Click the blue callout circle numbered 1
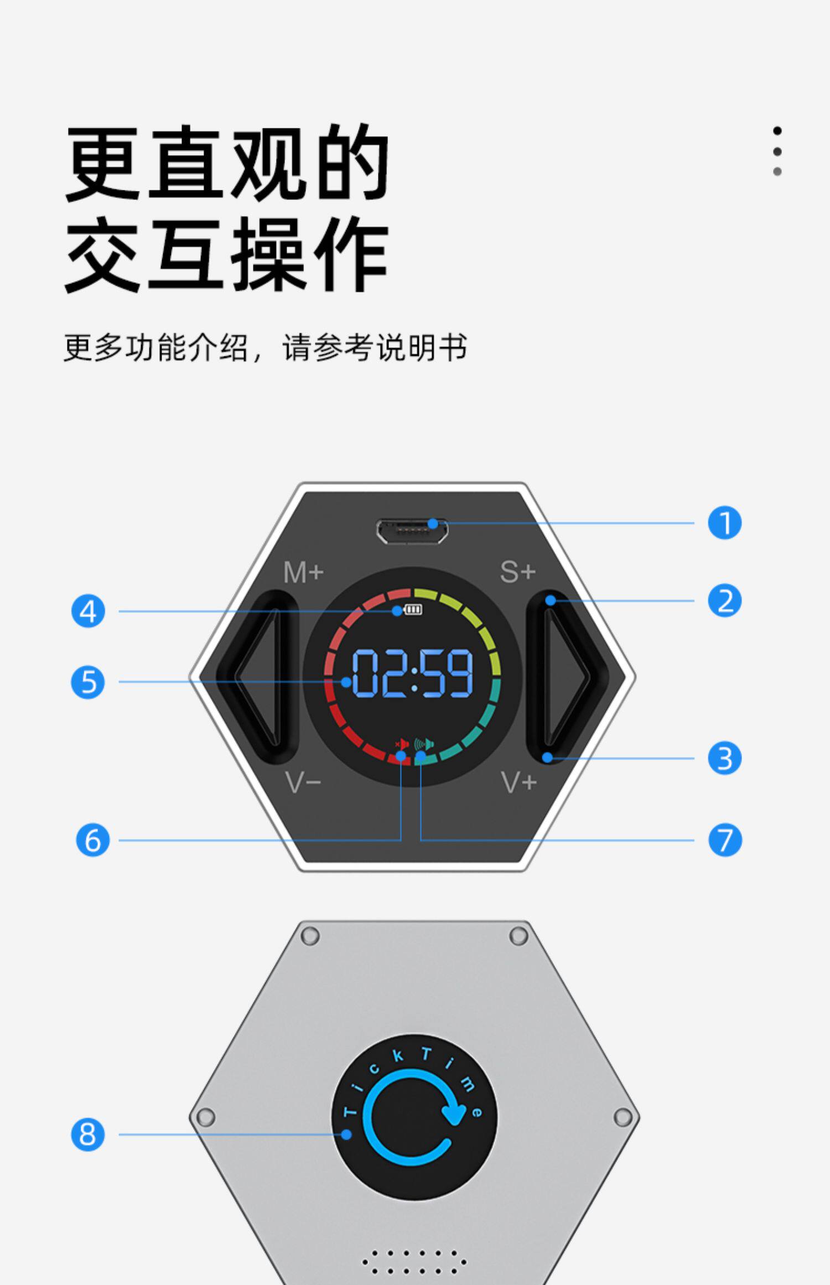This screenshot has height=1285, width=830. point(724,523)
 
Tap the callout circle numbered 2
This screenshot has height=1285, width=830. point(724,601)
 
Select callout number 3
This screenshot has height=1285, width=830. point(724,758)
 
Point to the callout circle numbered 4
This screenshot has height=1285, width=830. point(88,612)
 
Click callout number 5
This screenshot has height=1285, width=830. point(88,682)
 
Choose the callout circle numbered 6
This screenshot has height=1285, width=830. point(92,840)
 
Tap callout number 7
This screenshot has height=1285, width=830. point(724,840)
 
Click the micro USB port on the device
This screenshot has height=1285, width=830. point(412,531)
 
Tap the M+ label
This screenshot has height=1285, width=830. point(303,573)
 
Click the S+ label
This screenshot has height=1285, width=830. point(518,572)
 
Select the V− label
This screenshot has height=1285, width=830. point(303,782)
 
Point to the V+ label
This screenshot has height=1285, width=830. point(519,782)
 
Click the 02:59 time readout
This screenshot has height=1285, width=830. point(413,673)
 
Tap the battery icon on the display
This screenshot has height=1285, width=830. point(413,609)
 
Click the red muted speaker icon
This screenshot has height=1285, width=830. point(402,744)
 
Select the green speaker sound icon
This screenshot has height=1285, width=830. point(424,744)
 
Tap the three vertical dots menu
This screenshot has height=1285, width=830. point(777,151)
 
